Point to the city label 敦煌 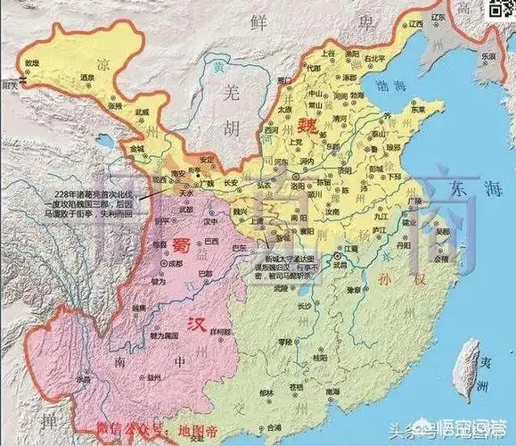[x=32, y=63]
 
